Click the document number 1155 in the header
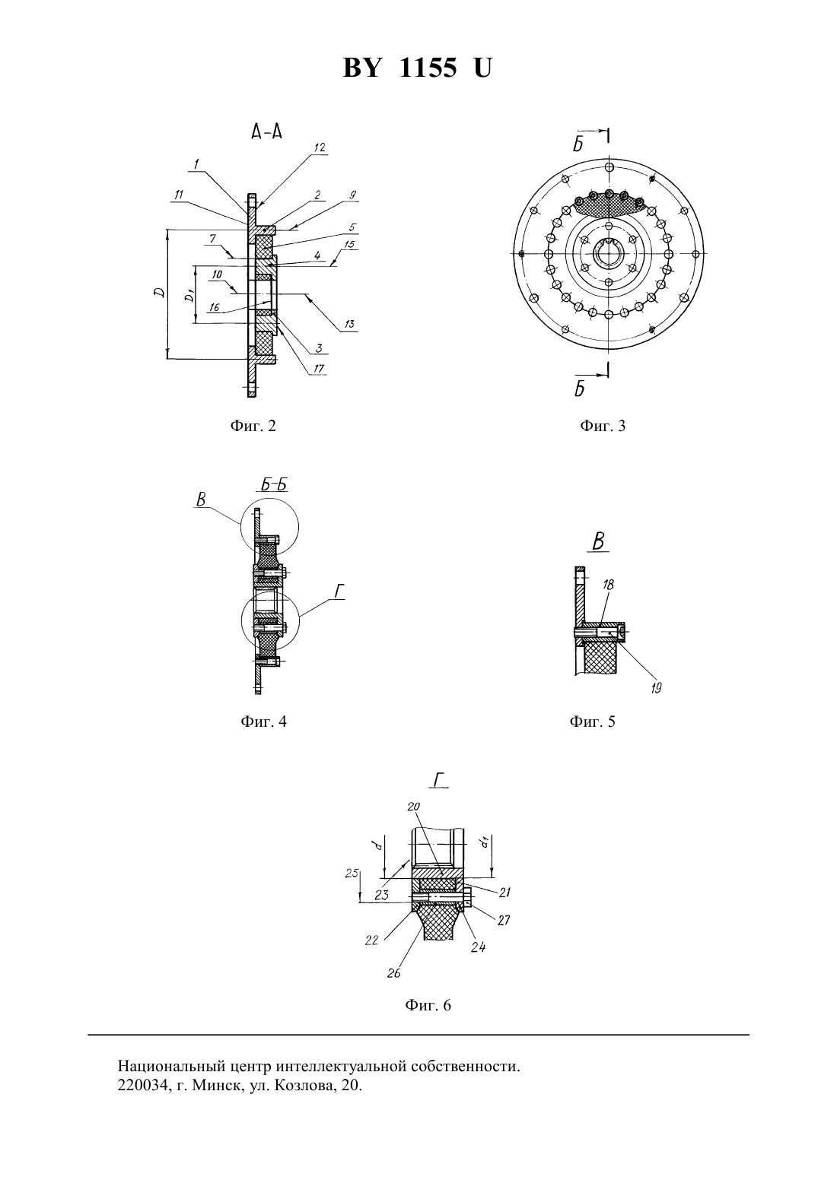[428, 68]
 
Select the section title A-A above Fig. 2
[267, 132]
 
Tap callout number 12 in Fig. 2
[319, 147]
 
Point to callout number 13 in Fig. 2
[349, 325]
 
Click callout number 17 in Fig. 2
[318, 368]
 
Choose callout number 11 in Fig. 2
[178, 195]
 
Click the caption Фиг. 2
[253, 426]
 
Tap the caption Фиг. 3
[603, 426]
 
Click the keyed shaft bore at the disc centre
[609, 253]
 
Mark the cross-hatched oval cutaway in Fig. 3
[609, 204]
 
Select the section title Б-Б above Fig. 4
[274, 485]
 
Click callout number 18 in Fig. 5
[608, 585]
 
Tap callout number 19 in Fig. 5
[656, 688]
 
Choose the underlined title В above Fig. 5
[598, 542]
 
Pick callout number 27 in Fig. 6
[504, 920]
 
